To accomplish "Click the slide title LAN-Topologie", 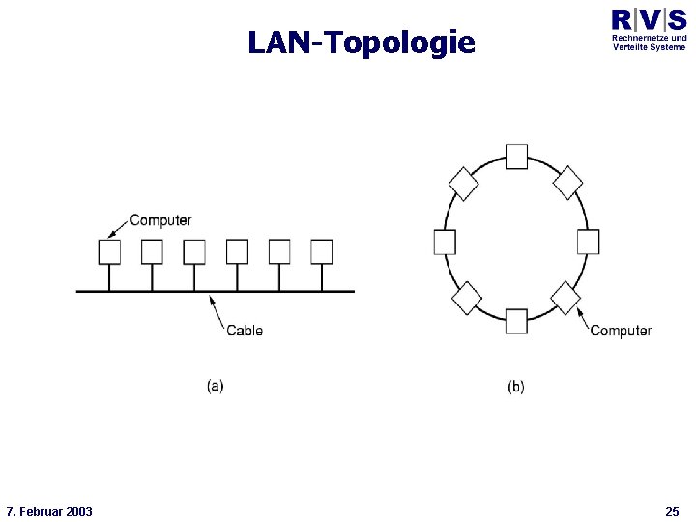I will click(362, 43).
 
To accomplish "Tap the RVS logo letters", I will click(649, 19).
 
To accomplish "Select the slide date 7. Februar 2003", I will click(49, 511).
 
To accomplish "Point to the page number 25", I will click(673, 511).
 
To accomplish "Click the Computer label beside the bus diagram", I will click(160, 220).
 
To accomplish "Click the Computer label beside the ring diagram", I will click(621, 331).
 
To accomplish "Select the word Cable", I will click(245, 331).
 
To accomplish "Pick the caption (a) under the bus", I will click(215, 386).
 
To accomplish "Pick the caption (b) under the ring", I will click(516, 386).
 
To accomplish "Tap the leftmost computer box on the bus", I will click(109, 251).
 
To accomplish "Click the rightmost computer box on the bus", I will click(322, 251).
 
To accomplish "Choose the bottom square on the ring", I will click(516, 321).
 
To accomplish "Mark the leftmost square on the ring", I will click(445, 242).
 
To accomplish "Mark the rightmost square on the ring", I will click(588, 242).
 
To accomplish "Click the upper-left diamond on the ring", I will click(464, 183).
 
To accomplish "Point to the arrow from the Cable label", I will click(218, 311).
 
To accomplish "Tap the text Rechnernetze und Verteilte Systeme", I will click(649, 43).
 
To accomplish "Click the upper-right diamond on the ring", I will click(567, 183).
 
